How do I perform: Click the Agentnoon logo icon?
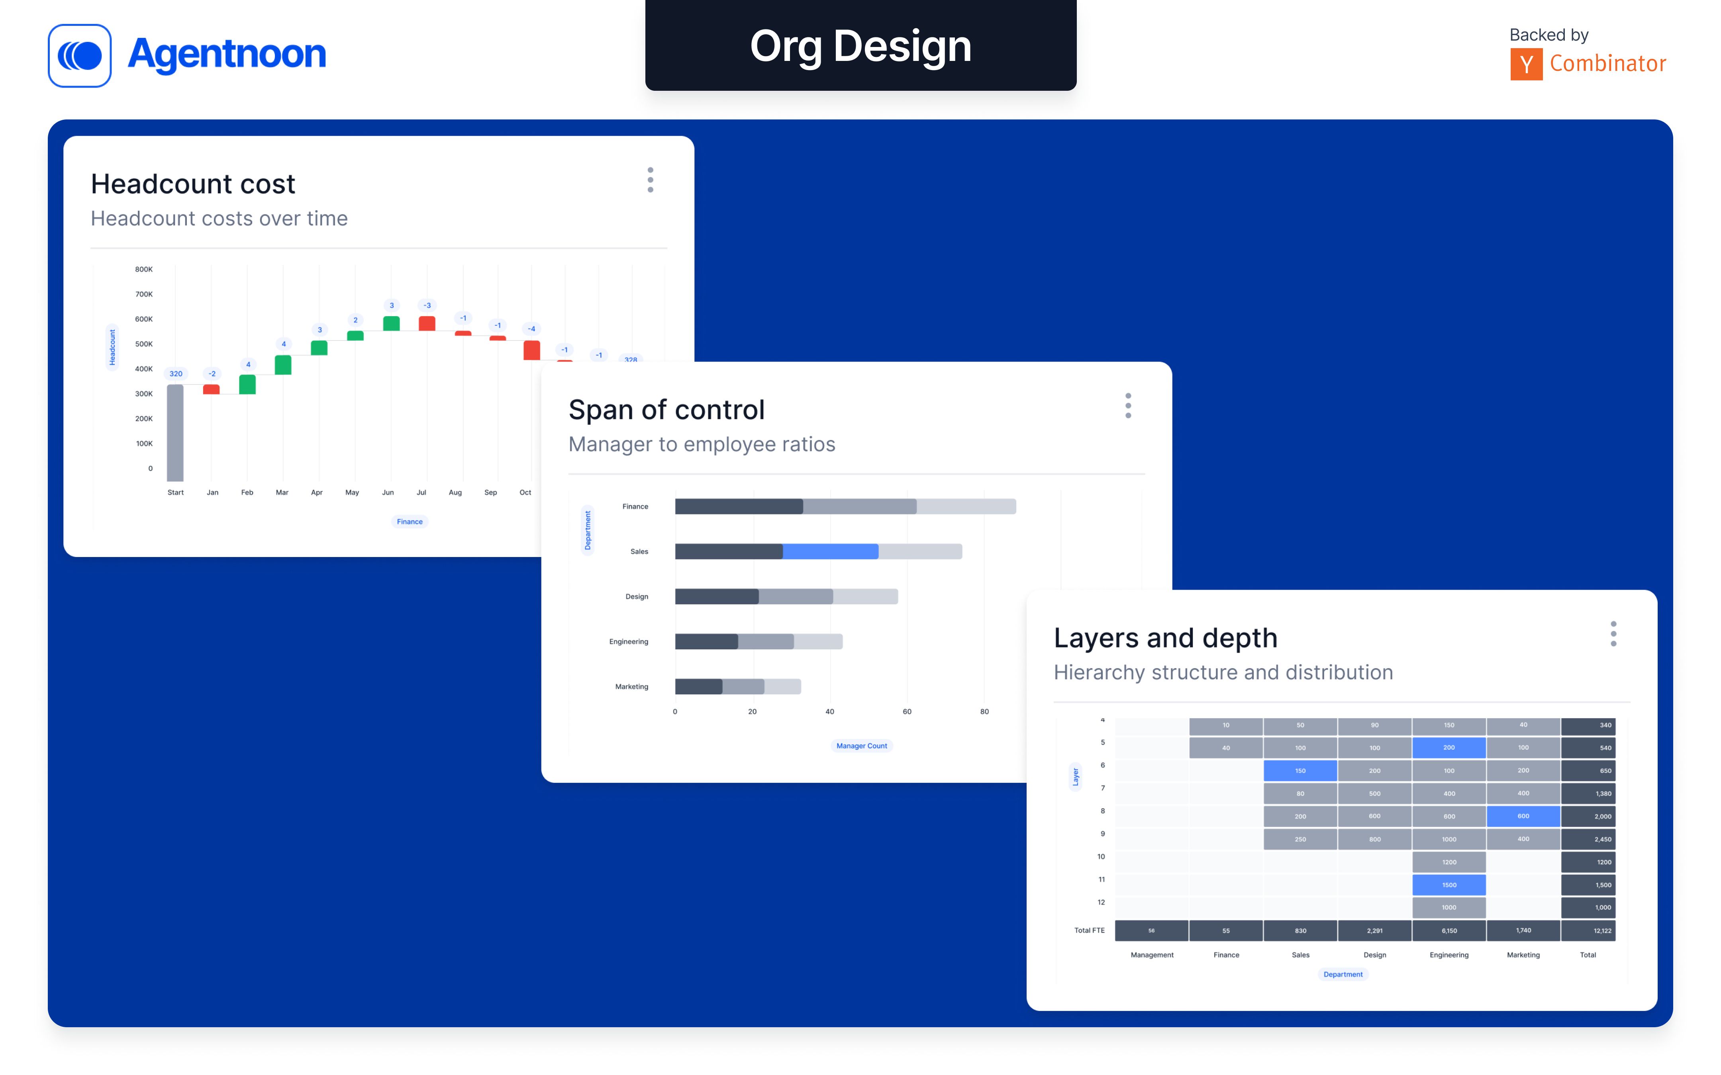80,55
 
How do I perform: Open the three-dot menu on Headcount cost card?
650,180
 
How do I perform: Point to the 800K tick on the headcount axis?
144,270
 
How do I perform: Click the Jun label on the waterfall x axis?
388,492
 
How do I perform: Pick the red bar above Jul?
427,323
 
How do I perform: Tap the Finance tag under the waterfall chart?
410,522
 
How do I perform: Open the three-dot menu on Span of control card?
1128,406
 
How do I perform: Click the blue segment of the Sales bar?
830,552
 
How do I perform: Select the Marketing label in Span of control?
631,687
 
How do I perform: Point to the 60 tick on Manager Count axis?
907,712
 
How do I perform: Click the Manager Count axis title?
861,746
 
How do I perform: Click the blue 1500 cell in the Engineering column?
1449,885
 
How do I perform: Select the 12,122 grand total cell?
1602,931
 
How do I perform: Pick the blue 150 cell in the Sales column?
1300,771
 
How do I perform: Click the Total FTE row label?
1089,931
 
